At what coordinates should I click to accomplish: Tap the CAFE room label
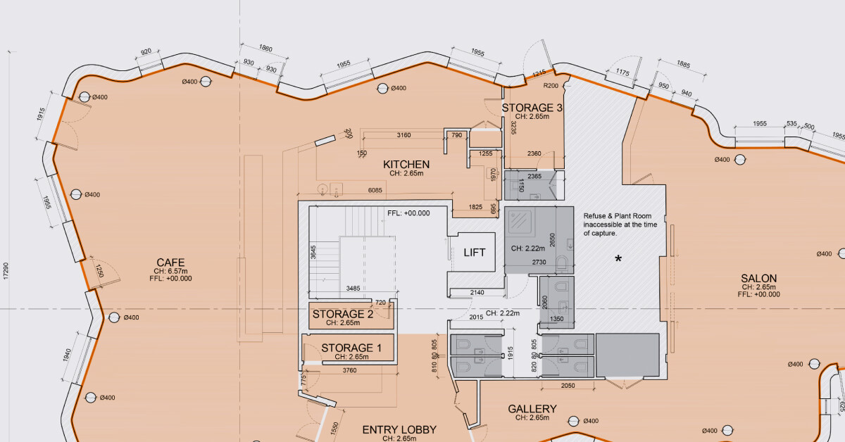(171, 263)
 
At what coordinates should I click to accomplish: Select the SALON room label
(758, 279)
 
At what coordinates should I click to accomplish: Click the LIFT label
(474, 253)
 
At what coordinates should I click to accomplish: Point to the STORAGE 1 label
(351, 348)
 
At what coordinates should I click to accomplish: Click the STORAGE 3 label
(532, 108)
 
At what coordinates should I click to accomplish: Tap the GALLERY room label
(532, 409)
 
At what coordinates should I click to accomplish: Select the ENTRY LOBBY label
(399, 429)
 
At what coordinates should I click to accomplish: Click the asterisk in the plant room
(618, 260)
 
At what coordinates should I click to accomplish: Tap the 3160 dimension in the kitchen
(403, 134)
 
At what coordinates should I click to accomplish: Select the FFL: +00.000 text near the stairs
(408, 213)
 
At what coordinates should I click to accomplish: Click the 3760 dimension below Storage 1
(349, 370)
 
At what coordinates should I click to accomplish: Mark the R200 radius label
(551, 85)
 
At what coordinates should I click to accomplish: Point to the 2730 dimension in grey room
(539, 262)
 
